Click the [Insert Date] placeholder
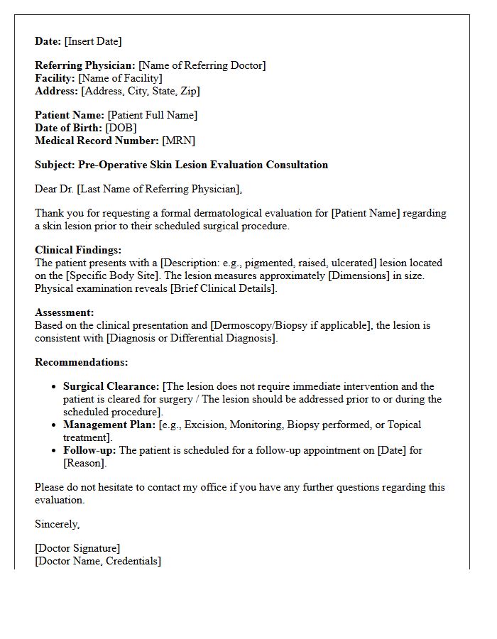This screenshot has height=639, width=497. (93, 41)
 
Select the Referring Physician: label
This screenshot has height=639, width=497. (85, 65)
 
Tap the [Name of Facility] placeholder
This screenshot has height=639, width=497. (120, 78)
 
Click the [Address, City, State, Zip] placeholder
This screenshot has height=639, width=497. (141, 91)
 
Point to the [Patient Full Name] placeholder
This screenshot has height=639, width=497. (152, 115)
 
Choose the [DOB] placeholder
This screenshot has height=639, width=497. (121, 128)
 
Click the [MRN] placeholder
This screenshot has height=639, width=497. (178, 141)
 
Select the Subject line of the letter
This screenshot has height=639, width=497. (181, 165)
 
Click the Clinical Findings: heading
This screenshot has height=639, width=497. (78, 250)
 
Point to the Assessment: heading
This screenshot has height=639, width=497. (65, 312)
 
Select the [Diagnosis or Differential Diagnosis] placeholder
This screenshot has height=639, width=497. (191, 338)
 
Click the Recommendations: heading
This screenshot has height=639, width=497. (82, 362)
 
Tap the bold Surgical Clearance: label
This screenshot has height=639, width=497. (111, 386)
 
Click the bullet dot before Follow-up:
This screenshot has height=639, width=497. (55, 450)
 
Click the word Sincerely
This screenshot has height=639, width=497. (58, 524)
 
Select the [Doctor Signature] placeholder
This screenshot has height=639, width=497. (77, 548)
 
